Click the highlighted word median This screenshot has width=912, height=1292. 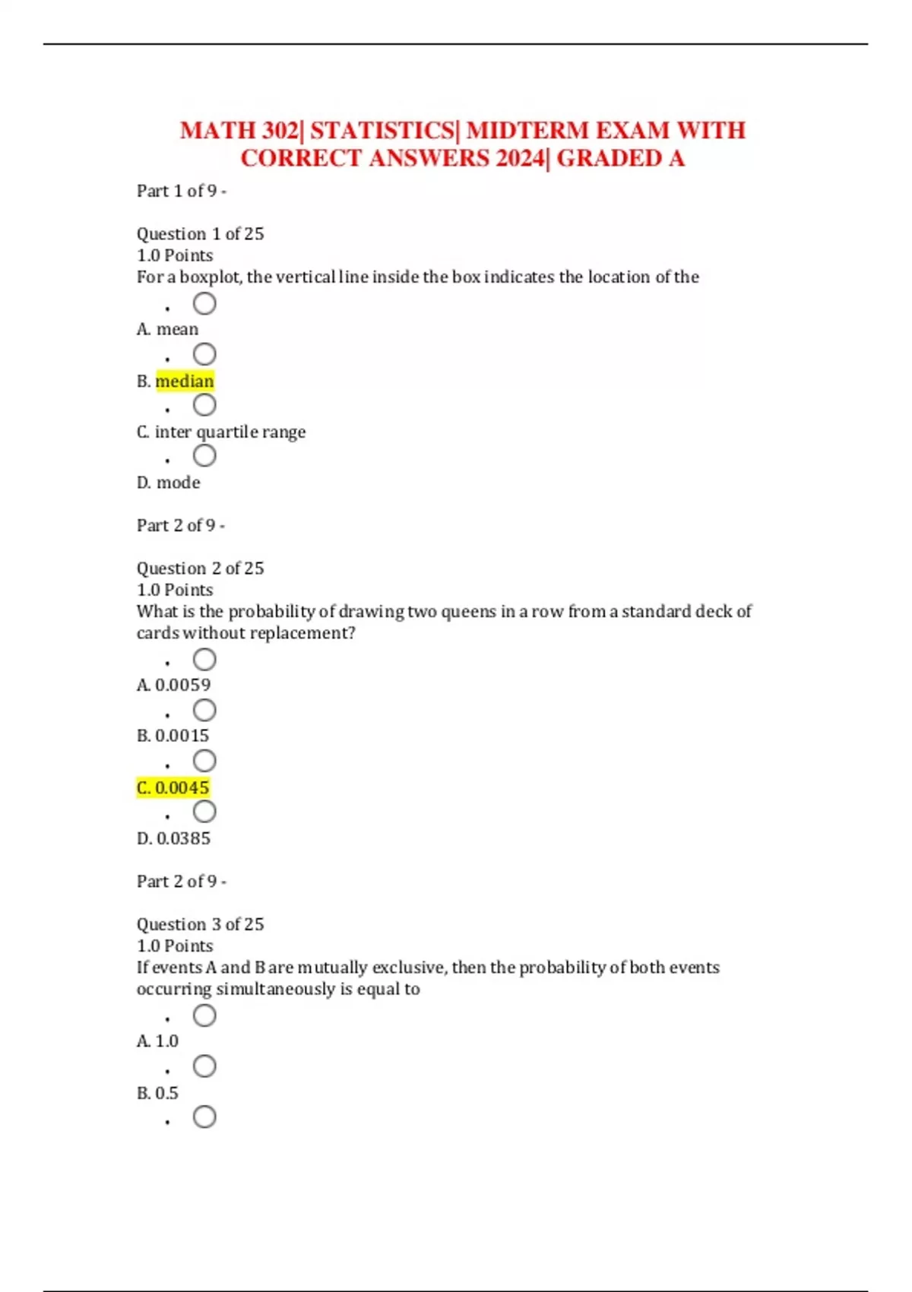tap(185, 381)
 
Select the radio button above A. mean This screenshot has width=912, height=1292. tap(204, 304)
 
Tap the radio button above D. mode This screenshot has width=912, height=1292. tap(204, 456)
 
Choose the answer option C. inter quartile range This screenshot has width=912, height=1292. tap(221, 432)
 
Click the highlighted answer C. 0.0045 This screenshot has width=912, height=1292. tap(173, 787)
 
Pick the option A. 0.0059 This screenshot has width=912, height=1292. tap(173, 685)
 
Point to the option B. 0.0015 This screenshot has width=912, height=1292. tap(173, 736)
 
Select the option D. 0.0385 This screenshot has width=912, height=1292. tap(173, 838)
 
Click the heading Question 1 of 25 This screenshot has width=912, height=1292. tap(200, 234)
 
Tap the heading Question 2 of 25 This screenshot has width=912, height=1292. tap(200, 568)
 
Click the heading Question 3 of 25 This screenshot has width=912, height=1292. tap(200, 924)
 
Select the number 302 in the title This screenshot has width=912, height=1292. tap(280, 131)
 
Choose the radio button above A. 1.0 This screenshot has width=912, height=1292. tap(204, 1015)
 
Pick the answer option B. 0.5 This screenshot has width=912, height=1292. tap(157, 1093)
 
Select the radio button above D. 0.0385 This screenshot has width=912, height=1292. tap(204, 812)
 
